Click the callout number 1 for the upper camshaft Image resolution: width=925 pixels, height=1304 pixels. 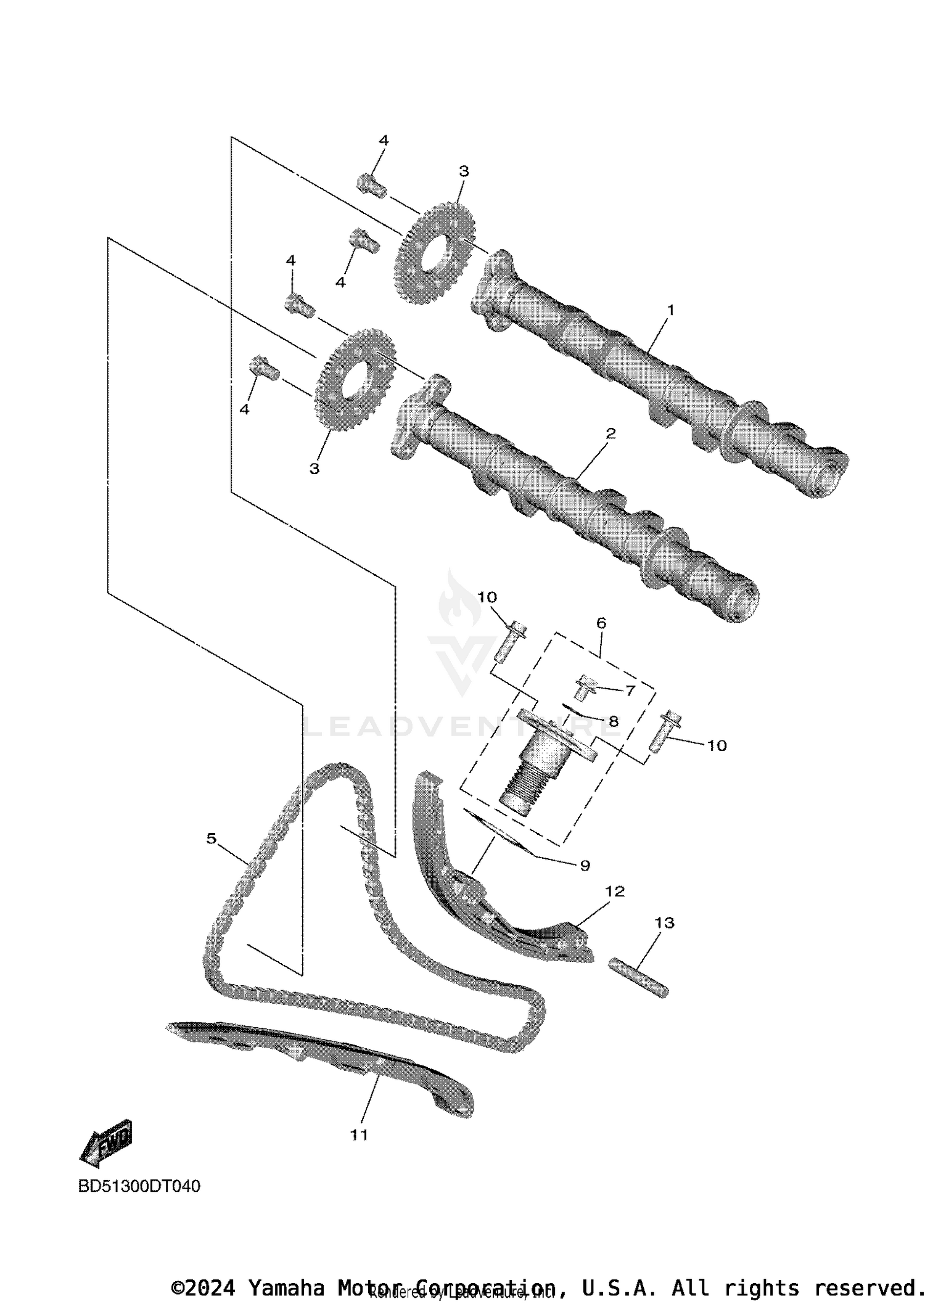point(671,310)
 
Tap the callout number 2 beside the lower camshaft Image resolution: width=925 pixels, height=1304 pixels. point(610,433)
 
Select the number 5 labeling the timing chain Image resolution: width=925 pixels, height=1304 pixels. point(212,839)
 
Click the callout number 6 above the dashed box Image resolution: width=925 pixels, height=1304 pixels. point(601,623)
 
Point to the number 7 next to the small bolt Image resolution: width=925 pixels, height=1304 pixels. point(630,691)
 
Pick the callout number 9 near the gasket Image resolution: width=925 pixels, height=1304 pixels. point(585,866)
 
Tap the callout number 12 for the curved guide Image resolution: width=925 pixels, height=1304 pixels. point(615,892)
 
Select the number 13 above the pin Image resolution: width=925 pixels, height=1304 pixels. point(665,923)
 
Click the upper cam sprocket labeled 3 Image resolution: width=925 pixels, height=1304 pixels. point(434,253)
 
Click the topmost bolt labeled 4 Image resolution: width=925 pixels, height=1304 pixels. point(371,185)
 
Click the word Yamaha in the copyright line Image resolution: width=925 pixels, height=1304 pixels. point(287,1288)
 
